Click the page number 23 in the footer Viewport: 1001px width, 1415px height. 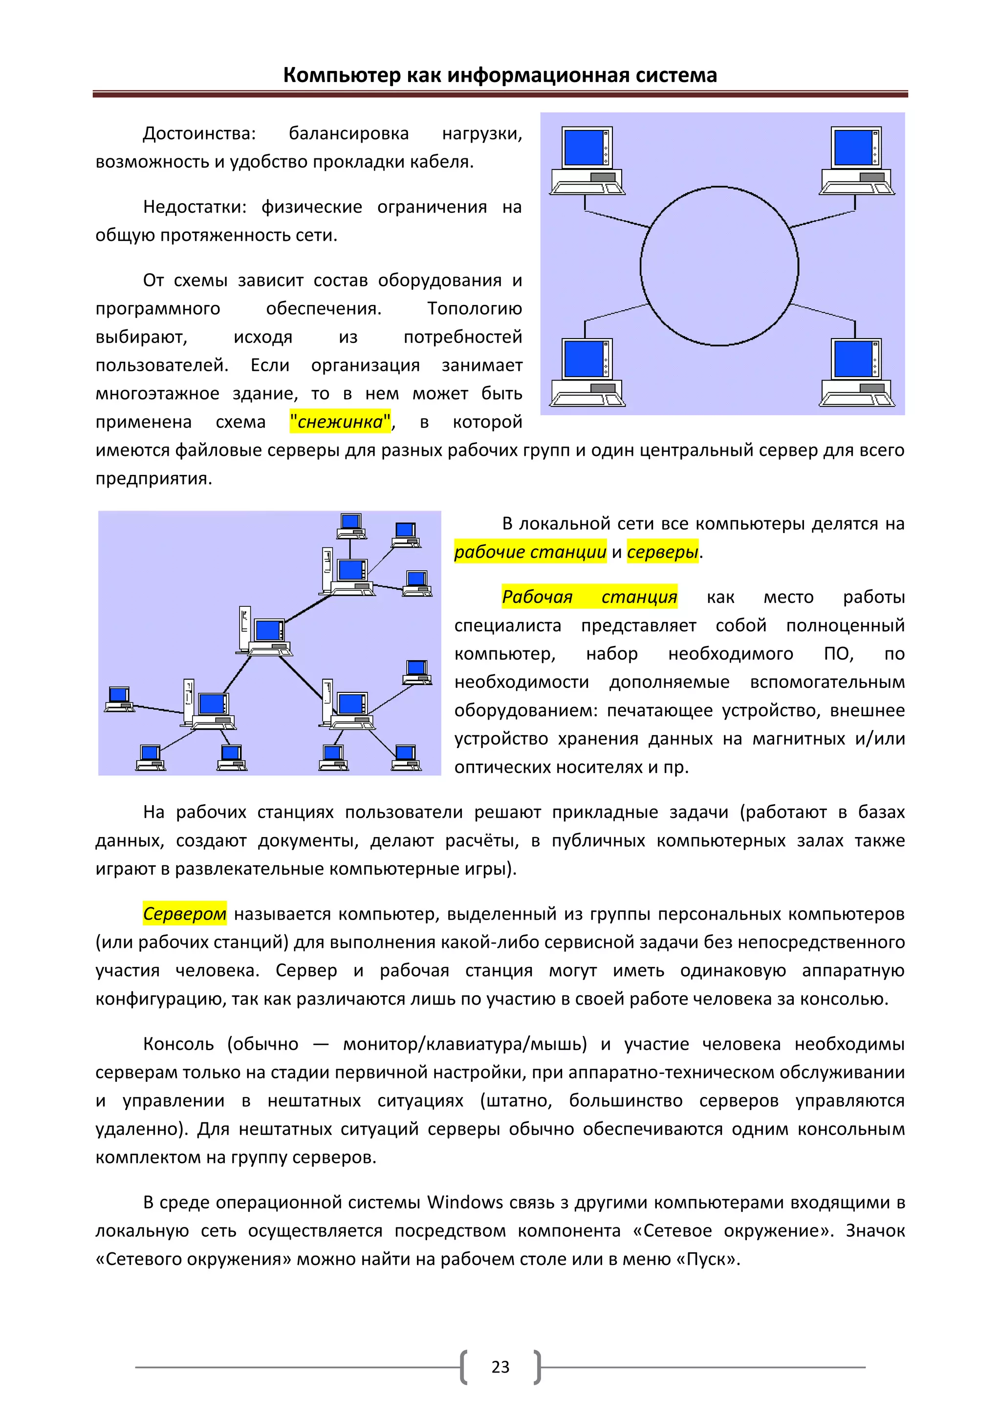point(500,1368)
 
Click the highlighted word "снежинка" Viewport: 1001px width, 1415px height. point(340,422)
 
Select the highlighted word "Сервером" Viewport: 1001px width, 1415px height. point(184,913)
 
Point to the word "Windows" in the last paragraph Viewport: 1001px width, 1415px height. point(465,1202)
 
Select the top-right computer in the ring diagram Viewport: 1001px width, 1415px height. point(857,160)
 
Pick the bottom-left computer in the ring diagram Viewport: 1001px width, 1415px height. point(588,372)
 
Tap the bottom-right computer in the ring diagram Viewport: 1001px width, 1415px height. point(857,372)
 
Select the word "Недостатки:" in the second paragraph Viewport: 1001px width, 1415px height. point(194,207)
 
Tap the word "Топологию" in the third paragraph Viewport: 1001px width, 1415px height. point(474,309)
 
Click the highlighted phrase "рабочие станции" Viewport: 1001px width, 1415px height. point(530,552)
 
